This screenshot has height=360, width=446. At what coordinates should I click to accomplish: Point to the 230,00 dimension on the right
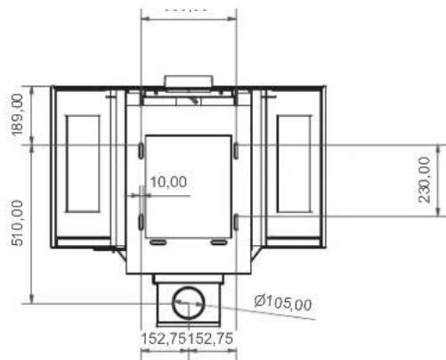tap(425, 180)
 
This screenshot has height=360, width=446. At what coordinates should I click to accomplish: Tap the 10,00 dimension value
tap(168, 182)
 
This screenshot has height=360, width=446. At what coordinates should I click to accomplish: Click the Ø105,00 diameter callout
tap(283, 303)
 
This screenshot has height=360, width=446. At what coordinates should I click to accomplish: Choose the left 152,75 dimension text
tap(165, 339)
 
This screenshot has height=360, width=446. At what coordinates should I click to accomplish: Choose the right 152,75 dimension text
tap(211, 339)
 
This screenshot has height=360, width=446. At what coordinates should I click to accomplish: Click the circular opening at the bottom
tap(188, 303)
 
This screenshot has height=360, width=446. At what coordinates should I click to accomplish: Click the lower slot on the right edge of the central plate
tap(236, 220)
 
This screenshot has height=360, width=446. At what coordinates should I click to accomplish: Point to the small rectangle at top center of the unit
tap(188, 82)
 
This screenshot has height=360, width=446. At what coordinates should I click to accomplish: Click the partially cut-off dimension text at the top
tap(188, 5)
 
